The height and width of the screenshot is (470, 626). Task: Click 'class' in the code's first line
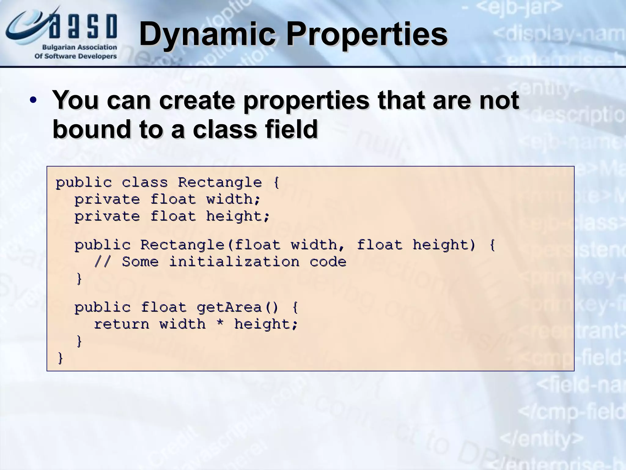[x=145, y=183]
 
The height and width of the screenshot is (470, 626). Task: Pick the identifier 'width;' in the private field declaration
[x=234, y=200]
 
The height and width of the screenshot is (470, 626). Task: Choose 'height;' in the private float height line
[x=238, y=216]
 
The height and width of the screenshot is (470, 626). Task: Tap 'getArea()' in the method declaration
[x=238, y=307]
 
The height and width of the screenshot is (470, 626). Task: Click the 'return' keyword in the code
[x=121, y=324]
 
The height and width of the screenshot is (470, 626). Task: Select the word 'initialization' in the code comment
[x=234, y=262]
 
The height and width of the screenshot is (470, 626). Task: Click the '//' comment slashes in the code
[x=103, y=262]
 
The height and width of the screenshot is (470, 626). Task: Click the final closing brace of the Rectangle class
[x=60, y=358]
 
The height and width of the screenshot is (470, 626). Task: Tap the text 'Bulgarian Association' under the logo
[x=79, y=47]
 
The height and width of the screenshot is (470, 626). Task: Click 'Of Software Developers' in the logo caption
[x=75, y=56]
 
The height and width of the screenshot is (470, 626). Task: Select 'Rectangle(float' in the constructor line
[x=210, y=245]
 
